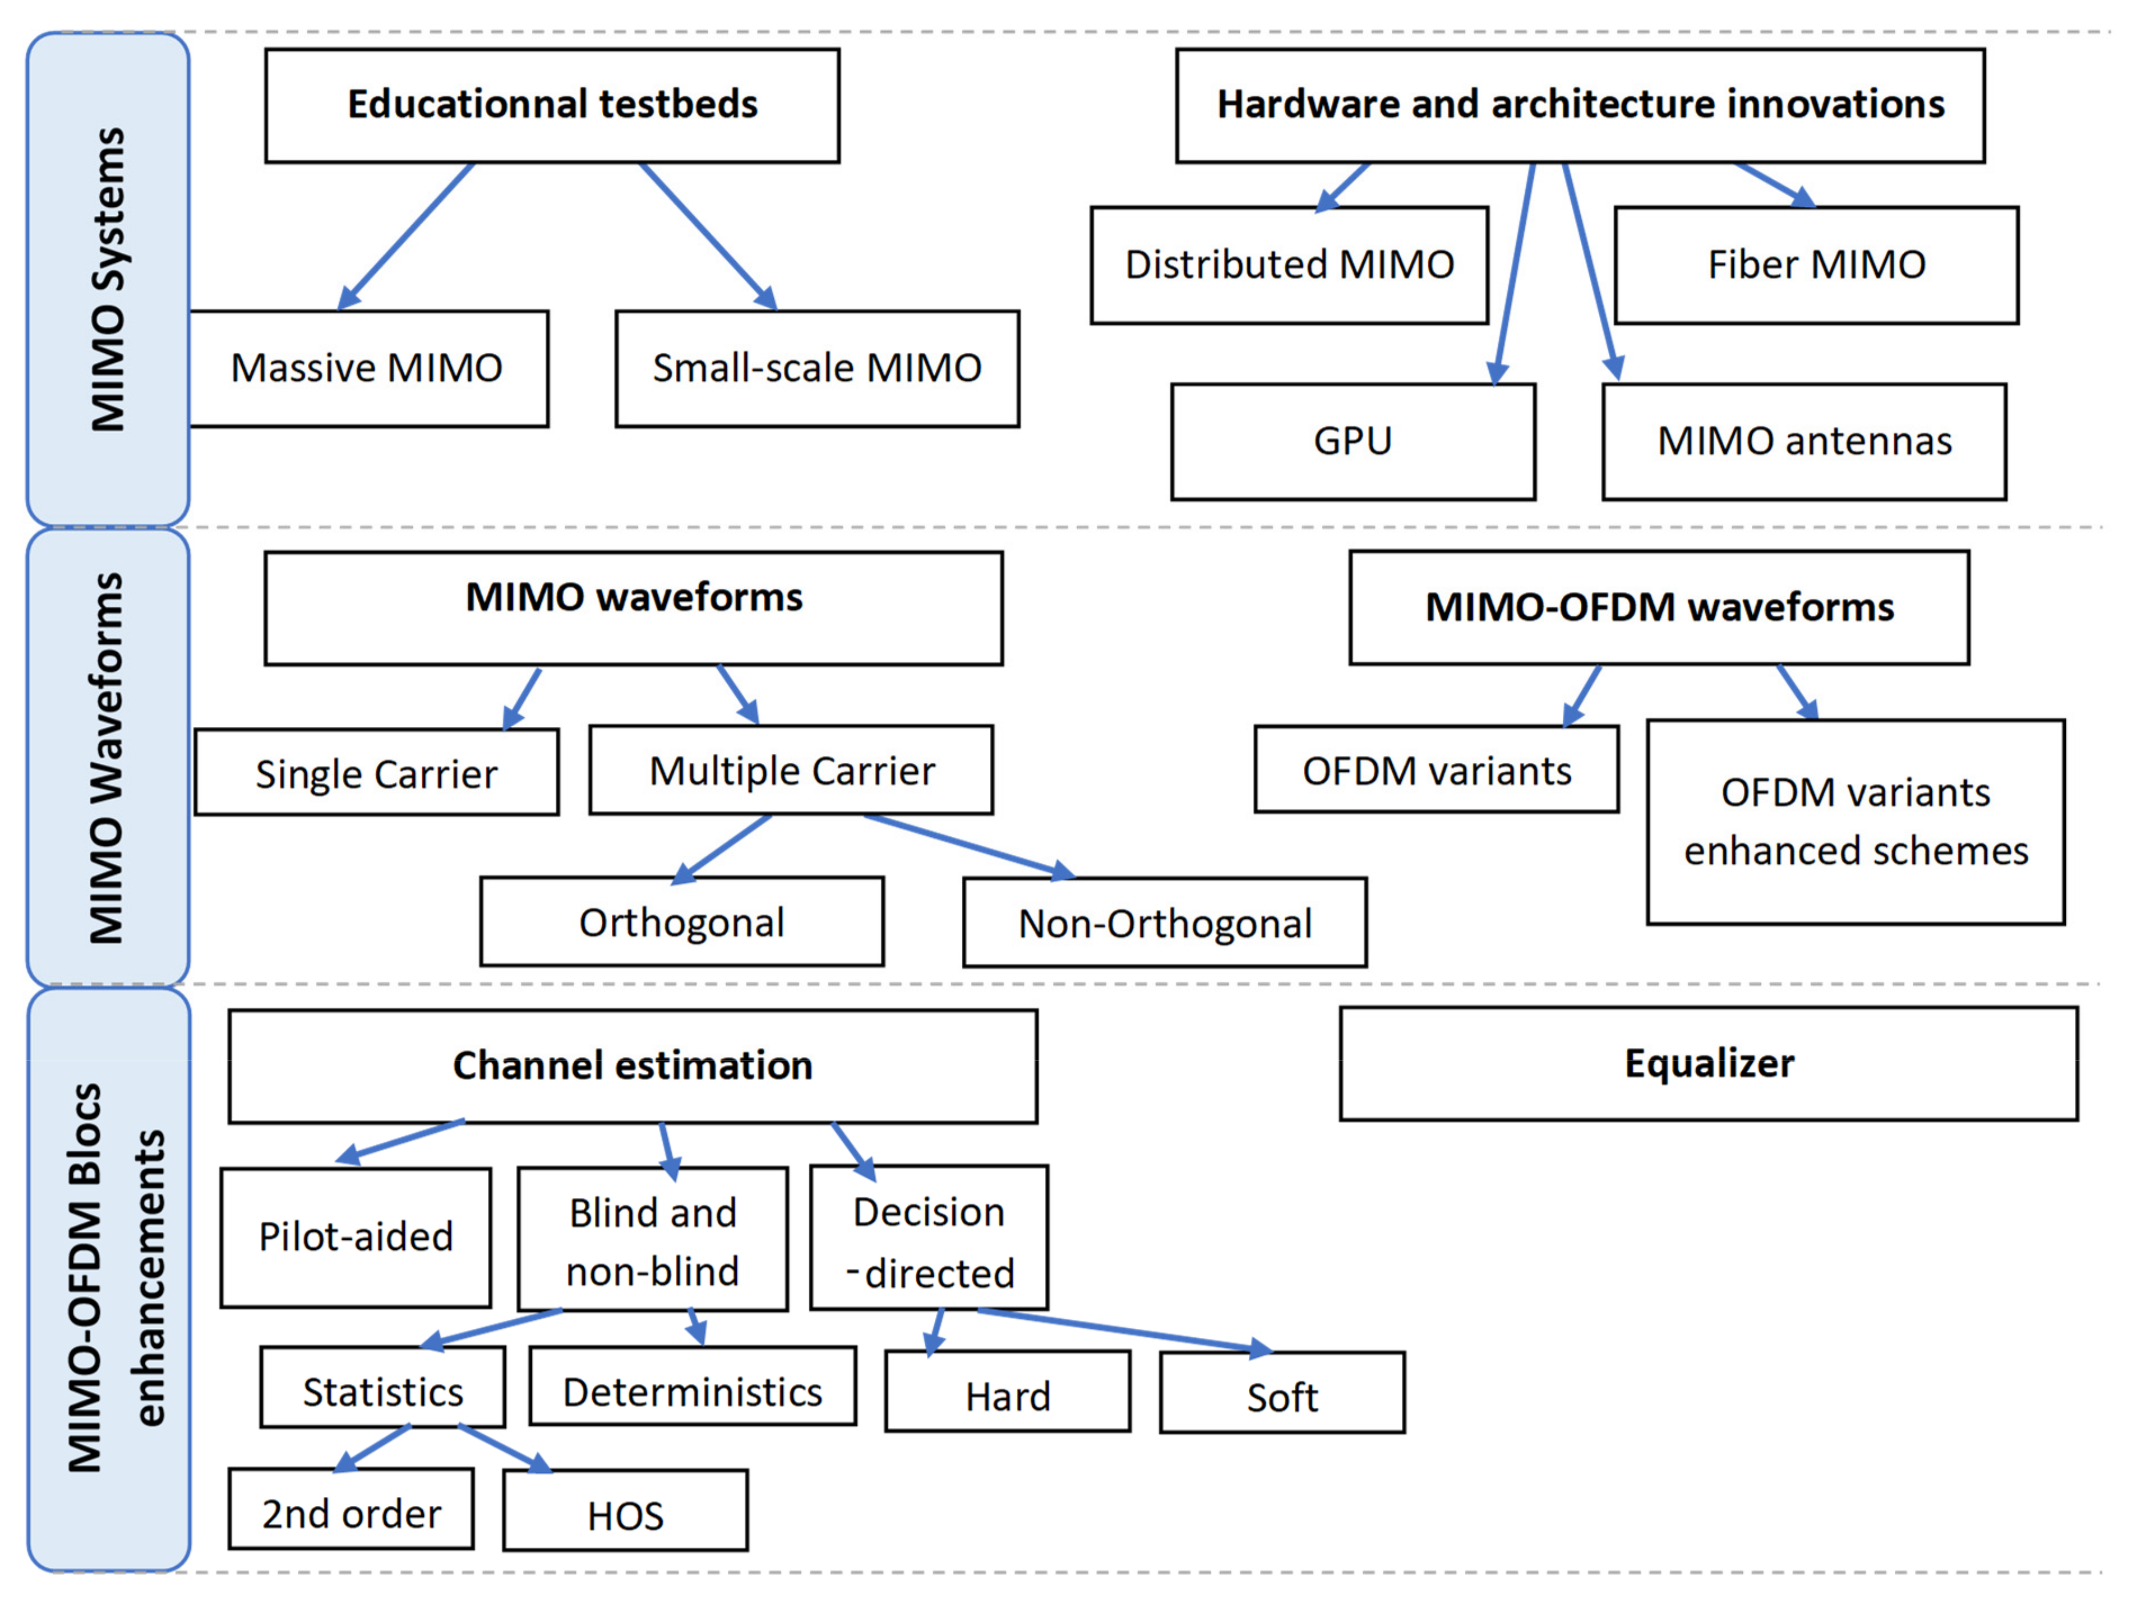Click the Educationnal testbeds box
(552, 105)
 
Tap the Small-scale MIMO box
(816, 368)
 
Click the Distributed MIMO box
(1289, 264)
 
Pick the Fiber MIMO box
(1816, 264)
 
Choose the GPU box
(1352, 441)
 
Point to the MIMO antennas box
(1803, 441)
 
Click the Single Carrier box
(376, 772)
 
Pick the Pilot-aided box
(355, 1236)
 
